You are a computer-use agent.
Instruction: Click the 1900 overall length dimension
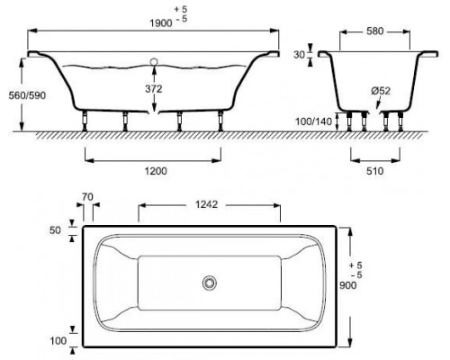161,23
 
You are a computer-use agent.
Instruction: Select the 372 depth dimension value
154,89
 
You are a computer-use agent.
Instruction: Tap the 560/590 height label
27,95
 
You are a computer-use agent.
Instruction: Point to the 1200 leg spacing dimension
156,171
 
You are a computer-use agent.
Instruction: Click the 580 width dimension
375,31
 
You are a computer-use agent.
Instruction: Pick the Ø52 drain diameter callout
381,91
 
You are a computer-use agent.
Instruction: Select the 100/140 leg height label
313,121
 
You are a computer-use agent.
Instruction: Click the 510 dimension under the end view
375,171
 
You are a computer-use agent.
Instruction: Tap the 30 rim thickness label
300,55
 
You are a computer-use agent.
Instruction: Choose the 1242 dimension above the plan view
206,204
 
